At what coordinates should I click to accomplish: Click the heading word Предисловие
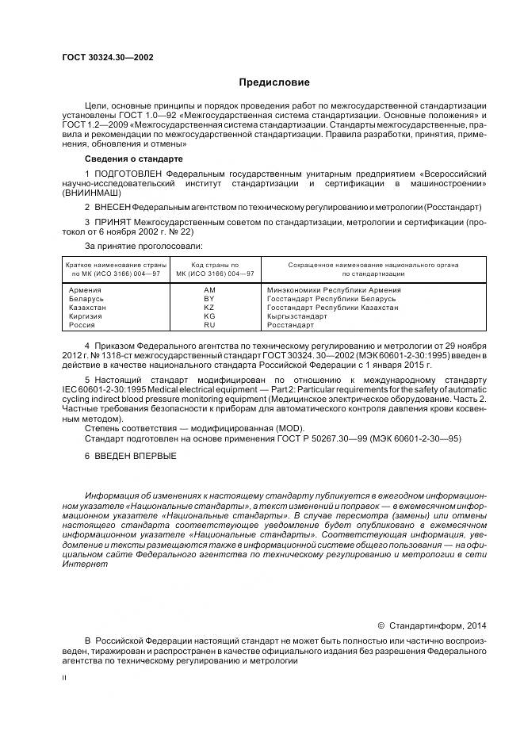[274, 82]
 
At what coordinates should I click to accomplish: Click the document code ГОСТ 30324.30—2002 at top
[107, 58]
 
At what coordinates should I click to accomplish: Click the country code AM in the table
[209, 290]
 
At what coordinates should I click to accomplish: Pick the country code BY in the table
[209, 299]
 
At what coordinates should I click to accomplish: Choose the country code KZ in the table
[209, 308]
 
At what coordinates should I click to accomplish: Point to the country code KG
[209, 316]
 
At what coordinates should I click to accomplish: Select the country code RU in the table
[209, 325]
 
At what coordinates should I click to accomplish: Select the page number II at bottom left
[64, 678]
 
